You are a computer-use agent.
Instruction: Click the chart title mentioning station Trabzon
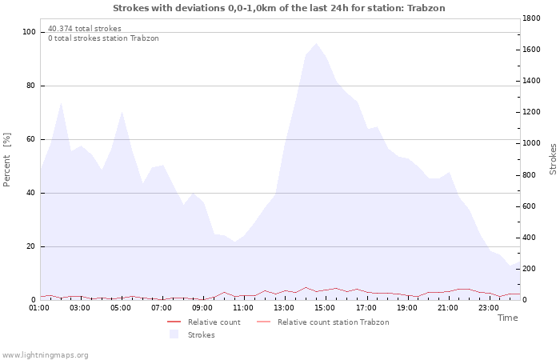[x=279, y=8]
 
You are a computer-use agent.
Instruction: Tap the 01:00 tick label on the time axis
[x=39, y=307]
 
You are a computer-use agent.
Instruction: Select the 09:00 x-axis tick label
[x=202, y=307]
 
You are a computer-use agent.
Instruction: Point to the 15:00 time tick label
[x=325, y=307]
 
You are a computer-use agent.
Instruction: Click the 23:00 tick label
[x=488, y=307]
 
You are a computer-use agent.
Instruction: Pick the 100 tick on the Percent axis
[x=30, y=32]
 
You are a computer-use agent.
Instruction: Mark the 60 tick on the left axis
[x=32, y=139]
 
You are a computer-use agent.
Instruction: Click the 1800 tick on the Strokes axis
[x=533, y=18]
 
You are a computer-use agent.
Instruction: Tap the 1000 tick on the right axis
[x=533, y=143]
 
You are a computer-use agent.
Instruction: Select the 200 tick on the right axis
[x=530, y=269]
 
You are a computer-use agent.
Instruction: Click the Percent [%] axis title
[x=7, y=160]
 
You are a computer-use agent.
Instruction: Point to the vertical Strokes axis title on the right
[x=553, y=158]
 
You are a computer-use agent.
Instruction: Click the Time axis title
[x=507, y=318]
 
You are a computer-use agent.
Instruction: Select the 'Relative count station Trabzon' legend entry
[x=333, y=322]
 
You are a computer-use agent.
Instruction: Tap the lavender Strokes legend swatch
[x=174, y=334]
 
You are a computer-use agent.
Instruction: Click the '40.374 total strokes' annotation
[x=84, y=28]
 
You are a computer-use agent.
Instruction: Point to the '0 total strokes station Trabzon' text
[x=103, y=38]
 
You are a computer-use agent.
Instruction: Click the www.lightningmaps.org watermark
[x=45, y=354]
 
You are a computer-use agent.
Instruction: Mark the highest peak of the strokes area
[x=316, y=43]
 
